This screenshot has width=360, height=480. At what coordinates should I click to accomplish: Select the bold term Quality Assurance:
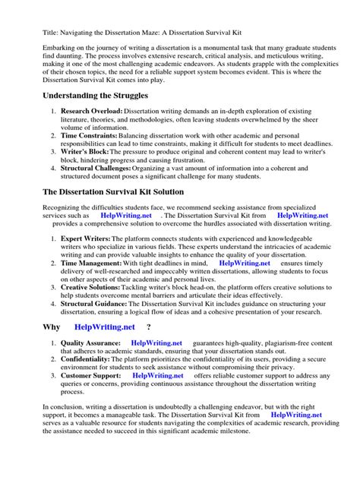[x=90, y=343]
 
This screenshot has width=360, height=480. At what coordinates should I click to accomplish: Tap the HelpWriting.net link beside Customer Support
[x=158, y=375]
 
